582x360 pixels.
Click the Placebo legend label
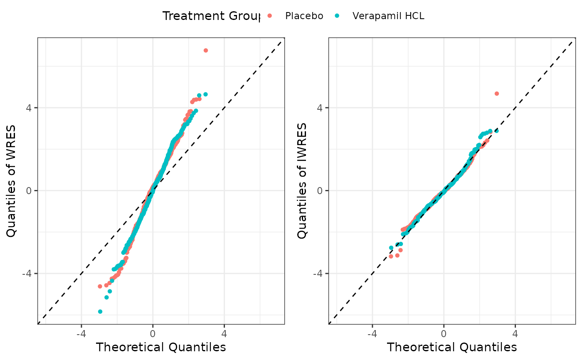[x=304, y=16]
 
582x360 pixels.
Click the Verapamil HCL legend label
[x=388, y=16]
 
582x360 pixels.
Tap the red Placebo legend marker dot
[x=269, y=16]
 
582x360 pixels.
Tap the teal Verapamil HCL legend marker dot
[x=337, y=16]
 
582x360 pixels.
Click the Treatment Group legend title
[x=211, y=16]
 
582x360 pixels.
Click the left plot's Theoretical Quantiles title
[x=161, y=347]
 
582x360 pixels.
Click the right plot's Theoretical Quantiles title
[x=452, y=347]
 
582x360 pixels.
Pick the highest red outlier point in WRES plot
[x=205, y=50]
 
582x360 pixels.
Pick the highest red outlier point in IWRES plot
[x=496, y=94]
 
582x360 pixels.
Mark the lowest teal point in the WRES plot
[x=100, y=311]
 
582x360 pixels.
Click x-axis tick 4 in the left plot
[x=224, y=333]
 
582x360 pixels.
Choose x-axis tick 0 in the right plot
[x=444, y=333]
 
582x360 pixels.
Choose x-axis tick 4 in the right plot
[x=515, y=333]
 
